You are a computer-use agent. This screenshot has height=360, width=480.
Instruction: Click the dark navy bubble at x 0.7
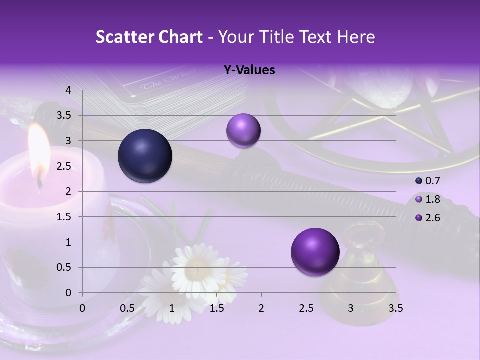(145, 156)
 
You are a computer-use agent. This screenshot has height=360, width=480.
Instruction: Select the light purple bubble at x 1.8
(243, 130)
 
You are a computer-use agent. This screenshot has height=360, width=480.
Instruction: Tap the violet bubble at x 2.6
(315, 252)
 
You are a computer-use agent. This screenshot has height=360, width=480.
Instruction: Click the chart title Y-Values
(249, 70)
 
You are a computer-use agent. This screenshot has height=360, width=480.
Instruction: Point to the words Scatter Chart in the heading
(149, 37)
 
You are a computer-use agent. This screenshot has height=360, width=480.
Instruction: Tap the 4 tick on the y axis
(68, 90)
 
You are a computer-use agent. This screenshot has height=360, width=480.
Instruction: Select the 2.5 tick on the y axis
(65, 166)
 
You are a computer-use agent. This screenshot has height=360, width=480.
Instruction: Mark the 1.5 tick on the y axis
(65, 217)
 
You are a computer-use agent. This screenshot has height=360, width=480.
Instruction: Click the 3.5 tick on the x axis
(396, 308)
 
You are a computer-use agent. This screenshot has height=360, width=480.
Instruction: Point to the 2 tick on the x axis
(261, 308)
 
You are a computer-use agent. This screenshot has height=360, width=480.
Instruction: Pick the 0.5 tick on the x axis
(127, 308)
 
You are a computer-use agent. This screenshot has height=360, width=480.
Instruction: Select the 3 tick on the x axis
(351, 308)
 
